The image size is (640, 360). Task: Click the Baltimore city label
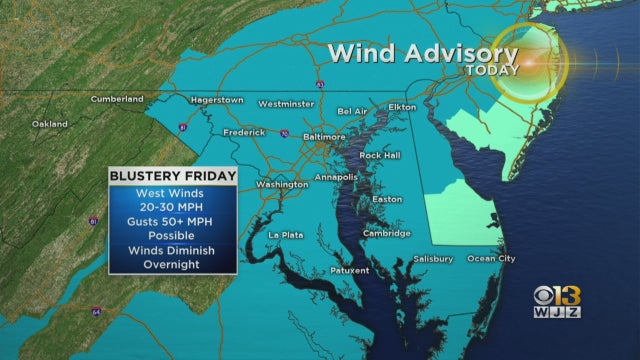pyautogui.click(x=324, y=136)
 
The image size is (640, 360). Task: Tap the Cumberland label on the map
pyautogui.click(x=117, y=99)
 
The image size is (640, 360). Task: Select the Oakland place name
pyautogui.click(x=50, y=124)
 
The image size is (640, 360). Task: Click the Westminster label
pyautogui.click(x=286, y=104)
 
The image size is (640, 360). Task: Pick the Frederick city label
pyautogui.click(x=244, y=132)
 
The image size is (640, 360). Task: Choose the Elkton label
pyautogui.click(x=402, y=106)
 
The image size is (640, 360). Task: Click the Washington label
pyautogui.click(x=282, y=184)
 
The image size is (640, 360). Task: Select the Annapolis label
pyautogui.click(x=336, y=177)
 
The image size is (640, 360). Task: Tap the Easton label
pyautogui.click(x=387, y=199)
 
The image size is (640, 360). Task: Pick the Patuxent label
pyautogui.click(x=350, y=270)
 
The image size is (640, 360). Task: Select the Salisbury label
pyautogui.click(x=432, y=259)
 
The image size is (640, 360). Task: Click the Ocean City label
pyautogui.click(x=492, y=259)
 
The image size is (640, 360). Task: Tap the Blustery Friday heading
pyautogui.click(x=173, y=177)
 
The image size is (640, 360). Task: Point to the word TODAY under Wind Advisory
pyautogui.click(x=492, y=70)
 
